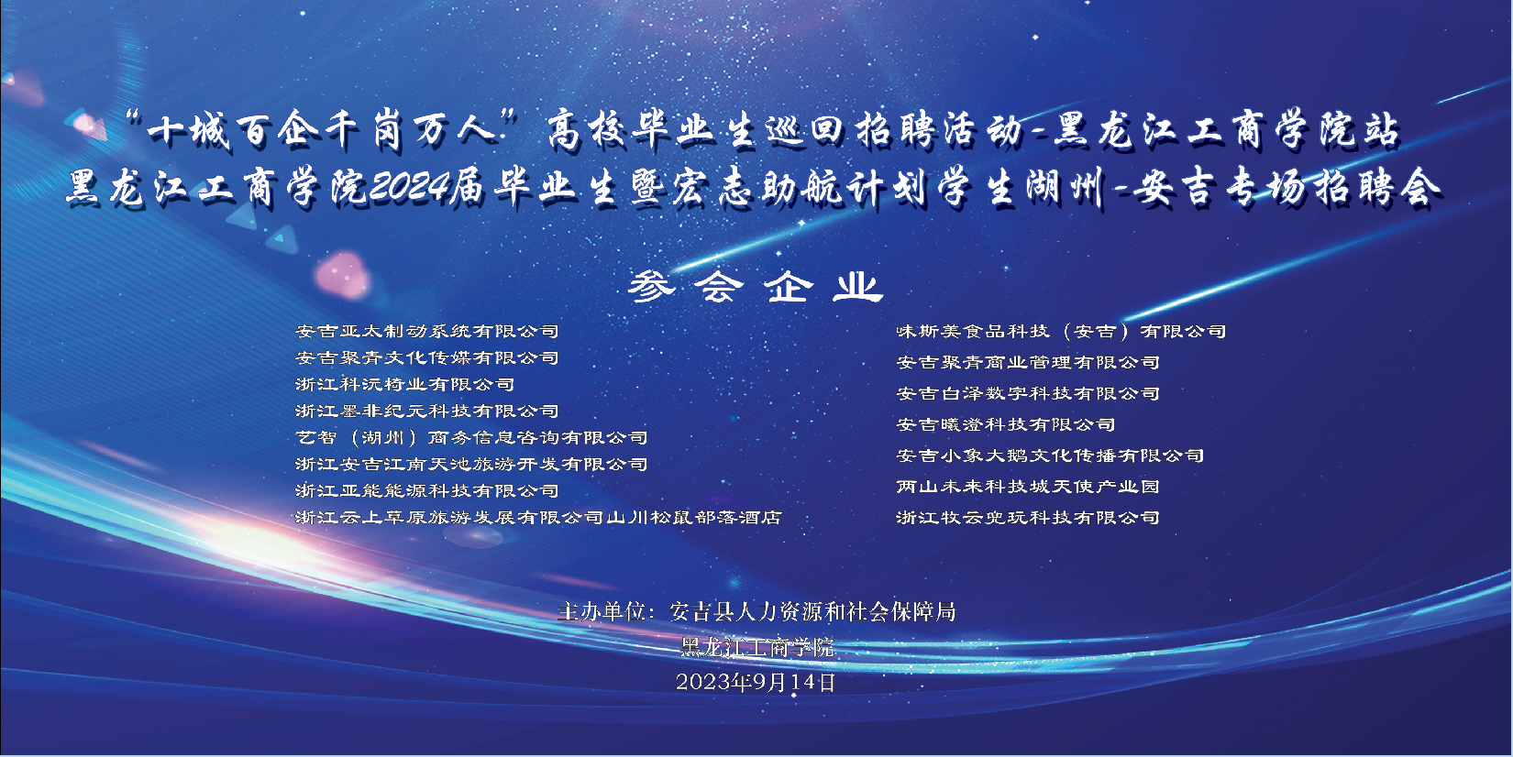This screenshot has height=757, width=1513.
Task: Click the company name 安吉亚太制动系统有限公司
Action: coord(427,331)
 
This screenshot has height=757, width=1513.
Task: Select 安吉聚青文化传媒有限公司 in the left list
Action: coord(427,357)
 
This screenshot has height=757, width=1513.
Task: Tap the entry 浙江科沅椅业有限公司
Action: coord(404,384)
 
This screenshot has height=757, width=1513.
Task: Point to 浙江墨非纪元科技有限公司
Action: coord(427,411)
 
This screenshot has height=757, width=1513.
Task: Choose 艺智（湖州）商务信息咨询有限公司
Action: coord(471,437)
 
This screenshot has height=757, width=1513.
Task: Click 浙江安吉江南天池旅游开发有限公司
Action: coord(471,464)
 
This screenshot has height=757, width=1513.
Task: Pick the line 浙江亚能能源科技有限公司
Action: coord(427,490)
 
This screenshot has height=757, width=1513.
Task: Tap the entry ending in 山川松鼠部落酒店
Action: coord(538,517)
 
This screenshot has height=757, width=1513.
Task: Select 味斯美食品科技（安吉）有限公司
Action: coord(1061,331)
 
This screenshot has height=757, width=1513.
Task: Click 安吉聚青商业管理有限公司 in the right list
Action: coord(1028,362)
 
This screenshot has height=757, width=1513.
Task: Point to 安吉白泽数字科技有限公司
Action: coord(1028,393)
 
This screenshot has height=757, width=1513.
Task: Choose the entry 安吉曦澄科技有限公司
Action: coord(1006,424)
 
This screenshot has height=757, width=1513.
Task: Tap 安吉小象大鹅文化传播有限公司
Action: coord(1050,455)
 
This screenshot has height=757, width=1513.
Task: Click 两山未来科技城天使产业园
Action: coord(1028,487)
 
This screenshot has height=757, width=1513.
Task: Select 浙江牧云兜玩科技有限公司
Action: coord(1028,517)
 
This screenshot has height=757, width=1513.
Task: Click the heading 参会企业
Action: coord(756,287)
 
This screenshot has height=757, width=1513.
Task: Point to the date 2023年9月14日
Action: coord(756,682)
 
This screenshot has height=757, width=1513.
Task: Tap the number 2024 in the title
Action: coord(409,187)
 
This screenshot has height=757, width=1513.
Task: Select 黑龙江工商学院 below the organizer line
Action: coord(757,648)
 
